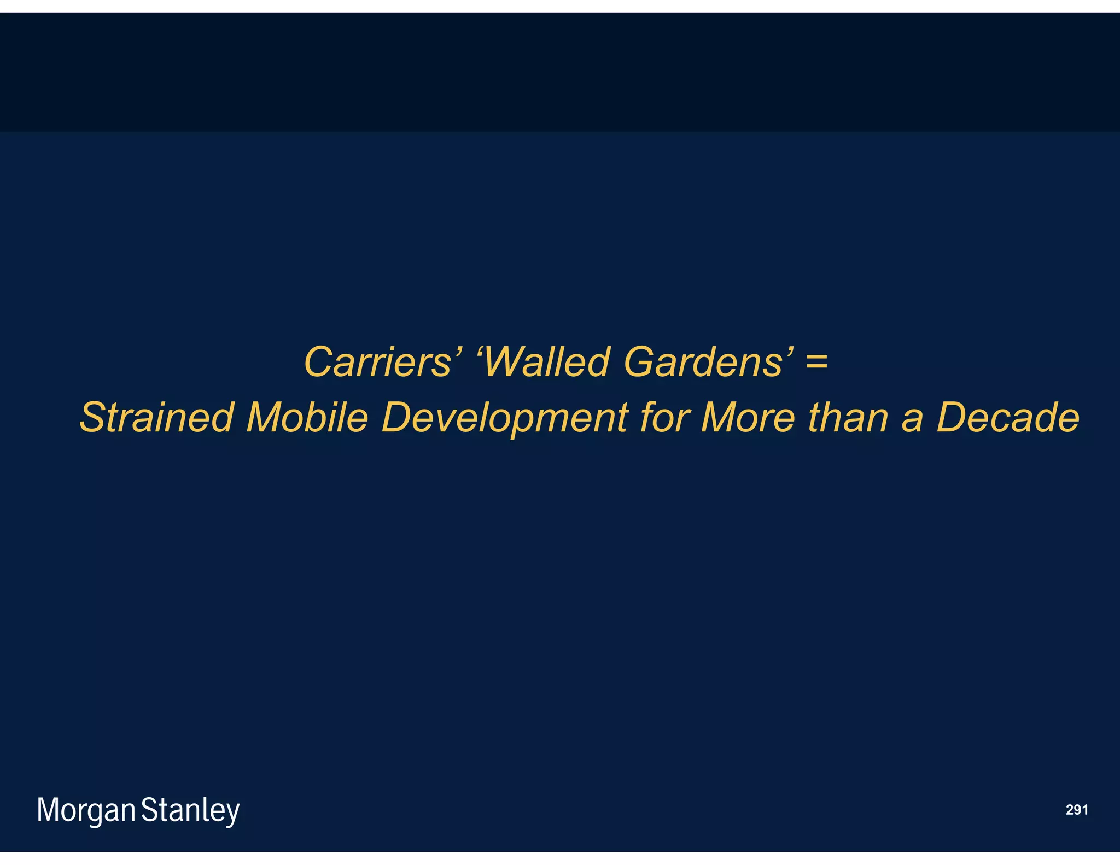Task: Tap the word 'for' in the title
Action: pos(664,418)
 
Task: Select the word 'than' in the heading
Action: pos(848,418)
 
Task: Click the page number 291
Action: pos(1077,810)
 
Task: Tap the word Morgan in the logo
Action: pos(86,811)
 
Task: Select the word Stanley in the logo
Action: pos(190,811)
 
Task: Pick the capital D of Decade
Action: pos(952,418)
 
